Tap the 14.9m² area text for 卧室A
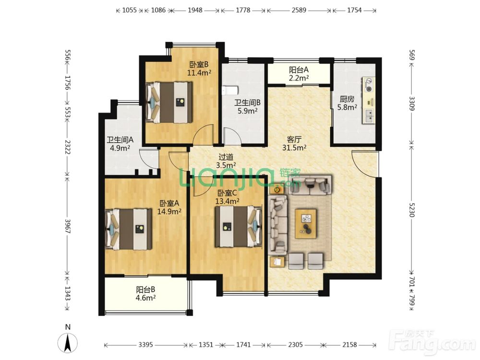pyautogui.click(x=169, y=212)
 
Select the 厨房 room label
pyautogui.click(x=347, y=99)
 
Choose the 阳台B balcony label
pyautogui.click(x=145, y=289)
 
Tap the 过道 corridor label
pyautogui.click(x=226, y=157)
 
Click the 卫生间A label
pyautogui.click(x=120, y=140)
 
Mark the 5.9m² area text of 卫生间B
pyautogui.click(x=247, y=111)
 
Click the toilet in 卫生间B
pyautogui.click(x=230, y=90)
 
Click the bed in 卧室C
pyautogui.click(x=239, y=227)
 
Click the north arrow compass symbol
pyautogui.click(x=68, y=343)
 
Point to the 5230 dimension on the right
pyautogui.click(x=412, y=210)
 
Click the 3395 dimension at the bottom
pyautogui.click(x=145, y=345)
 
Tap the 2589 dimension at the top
pyautogui.click(x=299, y=10)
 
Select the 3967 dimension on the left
pyautogui.click(x=68, y=226)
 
